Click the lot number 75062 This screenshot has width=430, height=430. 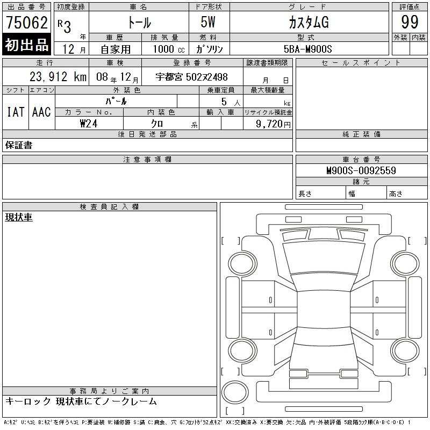[26, 22]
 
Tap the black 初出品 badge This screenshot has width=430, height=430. [26, 45]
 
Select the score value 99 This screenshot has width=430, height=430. [410, 22]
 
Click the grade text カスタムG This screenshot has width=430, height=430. [309, 22]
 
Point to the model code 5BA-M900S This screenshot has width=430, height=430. [307, 49]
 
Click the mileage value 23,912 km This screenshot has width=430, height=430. [58, 76]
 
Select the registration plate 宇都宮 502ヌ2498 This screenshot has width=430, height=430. [191, 77]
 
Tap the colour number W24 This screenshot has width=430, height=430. [89, 124]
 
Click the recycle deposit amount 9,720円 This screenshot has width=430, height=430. [273, 124]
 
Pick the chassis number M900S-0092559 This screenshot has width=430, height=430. [361, 170]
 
